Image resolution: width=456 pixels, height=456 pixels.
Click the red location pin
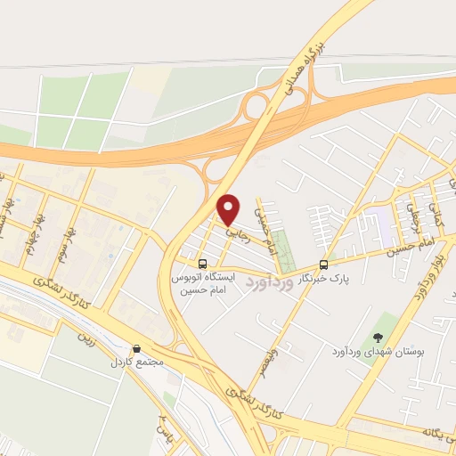coord(230,209)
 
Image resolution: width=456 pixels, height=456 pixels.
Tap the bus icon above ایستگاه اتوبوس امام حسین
coord(203,265)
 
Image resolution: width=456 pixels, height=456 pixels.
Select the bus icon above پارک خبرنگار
coord(323,265)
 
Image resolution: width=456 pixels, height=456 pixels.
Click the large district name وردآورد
coord(267,285)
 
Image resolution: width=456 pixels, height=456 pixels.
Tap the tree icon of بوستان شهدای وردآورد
coord(379,338)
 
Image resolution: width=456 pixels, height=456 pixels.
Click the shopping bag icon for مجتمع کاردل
coord(136,349)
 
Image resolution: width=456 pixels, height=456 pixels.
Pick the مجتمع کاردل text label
coord(136,363)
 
